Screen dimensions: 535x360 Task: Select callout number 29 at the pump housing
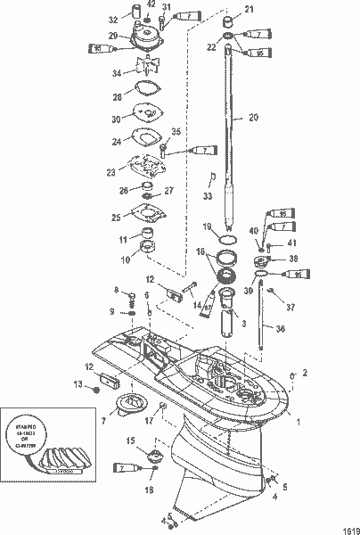click(113, 35)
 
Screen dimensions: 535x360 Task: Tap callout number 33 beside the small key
click(209, 195)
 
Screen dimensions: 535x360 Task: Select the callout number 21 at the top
click(249, 9)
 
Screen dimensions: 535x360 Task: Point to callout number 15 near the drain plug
click(129, 440)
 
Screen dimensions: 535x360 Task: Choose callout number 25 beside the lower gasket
click(117, 217)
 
